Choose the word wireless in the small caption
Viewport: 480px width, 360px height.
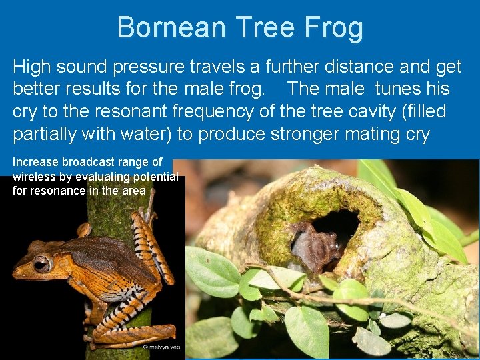click(34, 177)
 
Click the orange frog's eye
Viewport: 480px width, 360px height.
click(41, 264)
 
